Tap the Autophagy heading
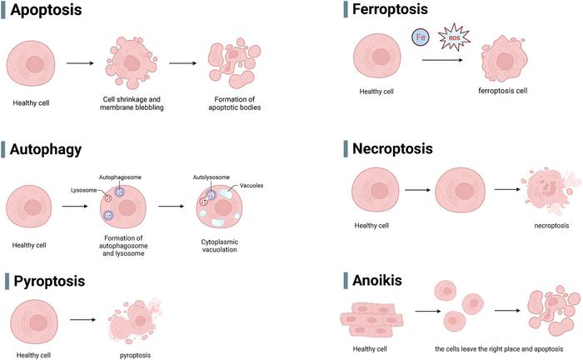coord(46,150)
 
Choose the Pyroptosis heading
coord(49,281)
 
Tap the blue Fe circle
coord(421,37)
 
